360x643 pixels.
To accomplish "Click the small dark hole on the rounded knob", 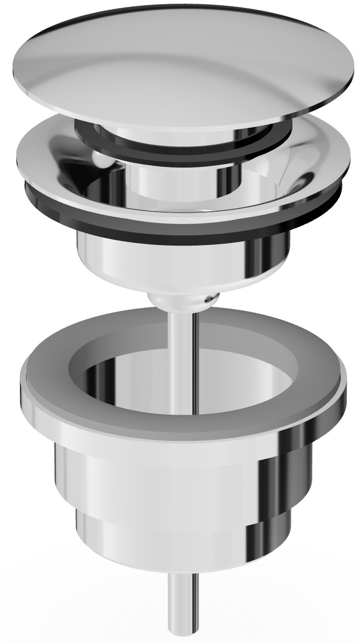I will pyautogui.click(x=210, y=299).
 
